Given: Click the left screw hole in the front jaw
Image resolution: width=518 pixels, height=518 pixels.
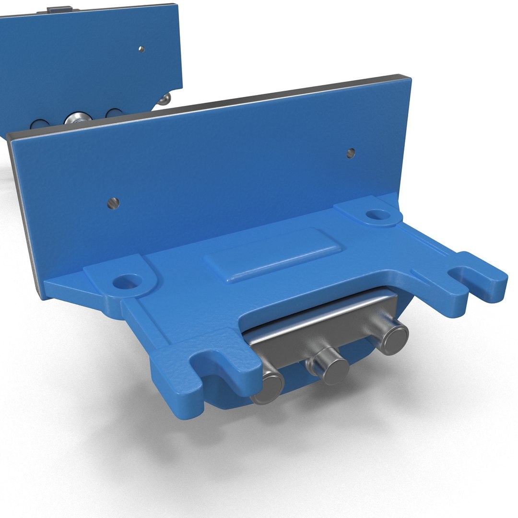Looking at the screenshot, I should point(114,203).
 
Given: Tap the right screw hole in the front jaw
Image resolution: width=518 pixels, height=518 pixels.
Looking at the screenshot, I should point(351,153).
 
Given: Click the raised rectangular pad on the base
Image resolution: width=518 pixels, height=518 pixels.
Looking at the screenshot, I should point(273,254).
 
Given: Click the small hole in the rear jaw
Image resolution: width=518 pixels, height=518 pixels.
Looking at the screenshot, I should point(141,48).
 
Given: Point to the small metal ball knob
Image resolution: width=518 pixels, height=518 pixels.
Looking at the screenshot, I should point(165,99).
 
